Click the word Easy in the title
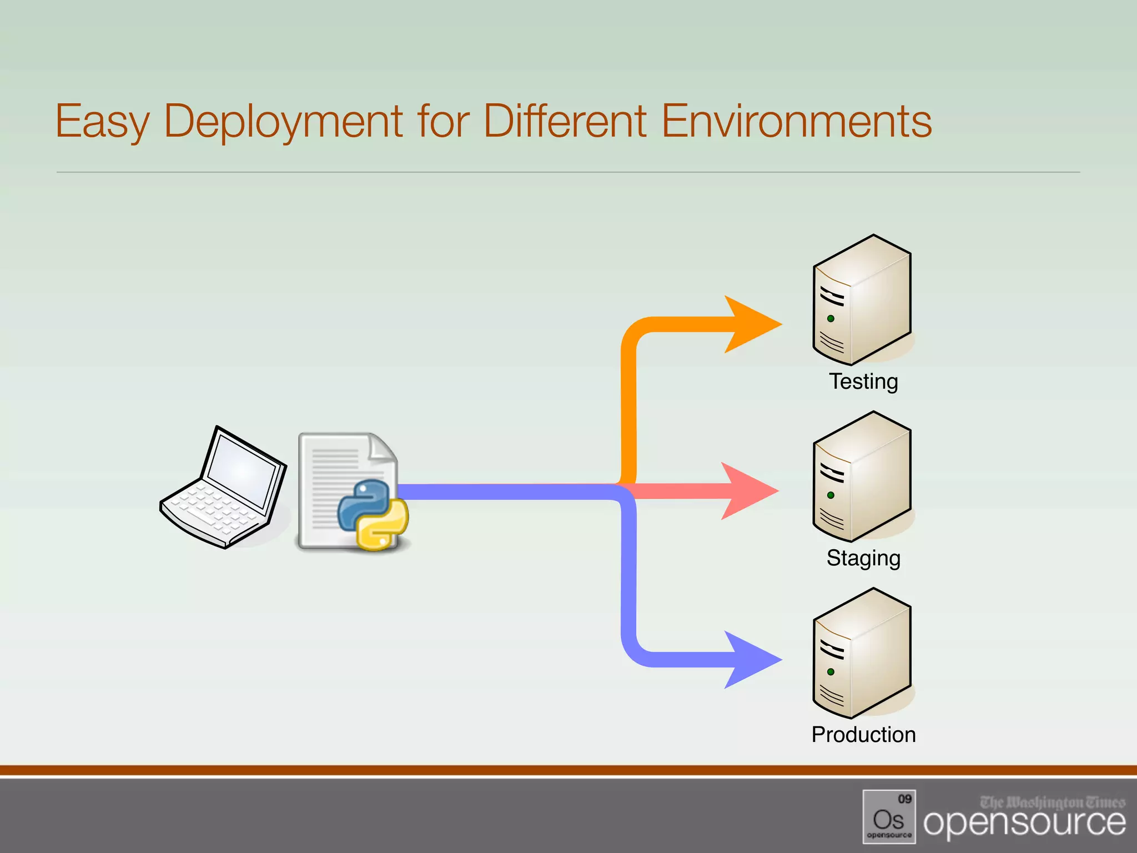coord(102,121)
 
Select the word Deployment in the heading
coord(283,121)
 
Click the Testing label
coord(863,382)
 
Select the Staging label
coord(863,558)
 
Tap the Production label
coord(863,735)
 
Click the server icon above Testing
coord(862,300)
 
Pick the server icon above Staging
coord(862,476)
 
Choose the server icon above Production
coord(862,653)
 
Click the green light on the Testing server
coord(831,319)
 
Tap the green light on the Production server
coord(831,672)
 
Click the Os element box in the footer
coord(889,816)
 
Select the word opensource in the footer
coord(1024,824)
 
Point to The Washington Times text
coord(1052,802)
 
